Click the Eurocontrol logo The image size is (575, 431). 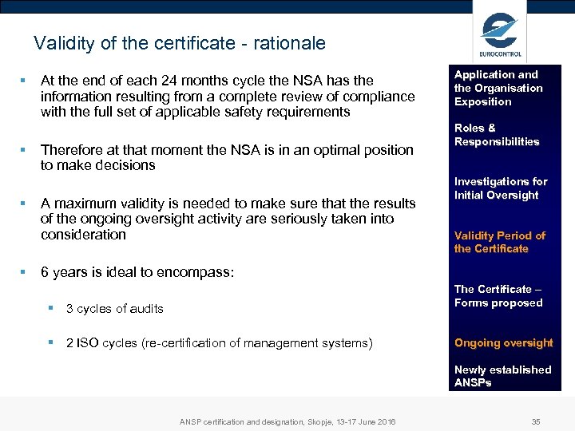500,34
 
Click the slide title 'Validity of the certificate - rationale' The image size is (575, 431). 180,43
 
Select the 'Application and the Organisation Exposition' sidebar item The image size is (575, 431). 498,88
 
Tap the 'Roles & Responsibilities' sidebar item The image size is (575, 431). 497,135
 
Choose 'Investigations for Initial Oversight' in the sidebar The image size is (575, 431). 501,188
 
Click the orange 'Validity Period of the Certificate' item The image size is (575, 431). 500,242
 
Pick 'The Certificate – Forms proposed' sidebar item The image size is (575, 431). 498,296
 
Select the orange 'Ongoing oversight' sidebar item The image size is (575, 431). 503,343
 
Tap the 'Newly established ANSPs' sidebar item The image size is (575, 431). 502,376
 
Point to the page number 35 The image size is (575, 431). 535,421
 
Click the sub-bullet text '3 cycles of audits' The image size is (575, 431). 115,309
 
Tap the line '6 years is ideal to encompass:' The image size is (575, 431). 137,272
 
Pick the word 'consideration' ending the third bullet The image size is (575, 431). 83,235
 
